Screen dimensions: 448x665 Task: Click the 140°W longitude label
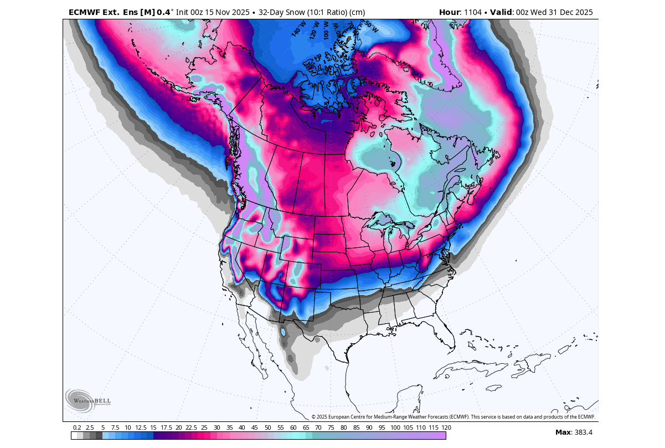[299, 28]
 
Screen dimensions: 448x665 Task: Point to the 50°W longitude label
[371, 26]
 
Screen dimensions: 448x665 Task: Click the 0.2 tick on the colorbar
[77, 427]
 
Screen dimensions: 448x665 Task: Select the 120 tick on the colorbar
[446, 427]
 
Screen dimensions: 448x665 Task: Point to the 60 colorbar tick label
[293, 427]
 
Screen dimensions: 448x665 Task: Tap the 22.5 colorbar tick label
[191, 427]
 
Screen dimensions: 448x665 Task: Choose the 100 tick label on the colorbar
[395, 427]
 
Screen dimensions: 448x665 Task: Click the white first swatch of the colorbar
[74, 436]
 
